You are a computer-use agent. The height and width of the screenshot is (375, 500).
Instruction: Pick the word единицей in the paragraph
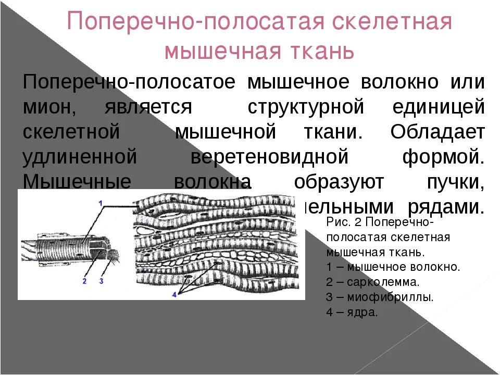coord(439,108)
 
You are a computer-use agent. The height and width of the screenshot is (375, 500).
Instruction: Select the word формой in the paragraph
coord(444,156)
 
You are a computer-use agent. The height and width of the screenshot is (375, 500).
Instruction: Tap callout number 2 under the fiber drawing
coord(84,281)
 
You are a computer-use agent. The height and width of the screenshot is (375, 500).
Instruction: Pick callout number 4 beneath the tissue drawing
coord(174,294)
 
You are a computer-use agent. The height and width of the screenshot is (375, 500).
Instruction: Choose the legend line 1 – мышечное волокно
coord(393,267)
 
